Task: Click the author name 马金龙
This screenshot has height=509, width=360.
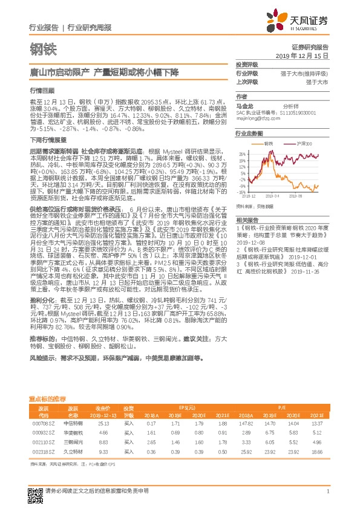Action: (x=243, y=105)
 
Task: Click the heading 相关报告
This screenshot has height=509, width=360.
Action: (x=247, y=219)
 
